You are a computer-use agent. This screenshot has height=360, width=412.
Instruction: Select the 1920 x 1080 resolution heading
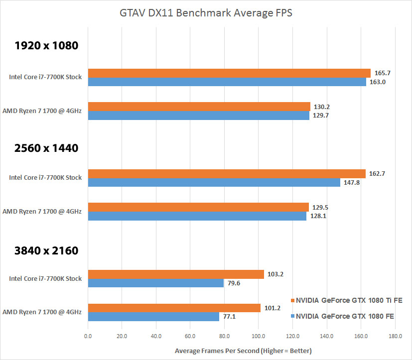click(46, 46)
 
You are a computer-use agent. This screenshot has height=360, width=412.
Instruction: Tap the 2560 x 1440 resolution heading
click(46, 148)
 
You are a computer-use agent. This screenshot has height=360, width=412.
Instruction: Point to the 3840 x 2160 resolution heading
click(46, 250)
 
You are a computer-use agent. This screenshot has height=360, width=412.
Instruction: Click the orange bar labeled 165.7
click(229, 73)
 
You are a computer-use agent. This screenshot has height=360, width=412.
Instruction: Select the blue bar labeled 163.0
click(227, 82)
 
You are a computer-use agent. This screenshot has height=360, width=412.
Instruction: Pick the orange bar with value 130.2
click(199, 107)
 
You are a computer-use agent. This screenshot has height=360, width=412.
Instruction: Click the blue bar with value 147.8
click(214, 183)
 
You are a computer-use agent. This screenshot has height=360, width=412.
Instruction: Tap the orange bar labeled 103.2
click(176, 274)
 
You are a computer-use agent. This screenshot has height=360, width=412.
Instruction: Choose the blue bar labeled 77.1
click(153, 317)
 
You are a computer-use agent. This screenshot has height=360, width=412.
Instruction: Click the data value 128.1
click(318, 216)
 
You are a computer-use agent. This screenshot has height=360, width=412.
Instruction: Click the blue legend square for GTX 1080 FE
click(292, 316)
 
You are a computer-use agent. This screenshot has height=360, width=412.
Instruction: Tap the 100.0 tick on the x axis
click(258, 336)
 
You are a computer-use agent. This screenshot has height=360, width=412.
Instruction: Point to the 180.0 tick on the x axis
click(395, 336)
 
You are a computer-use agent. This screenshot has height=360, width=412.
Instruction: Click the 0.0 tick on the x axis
click(88, 336)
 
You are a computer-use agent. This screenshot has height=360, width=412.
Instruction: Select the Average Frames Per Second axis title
click(243, 351)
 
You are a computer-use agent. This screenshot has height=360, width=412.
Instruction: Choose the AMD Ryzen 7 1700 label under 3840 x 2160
click(42, 312)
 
